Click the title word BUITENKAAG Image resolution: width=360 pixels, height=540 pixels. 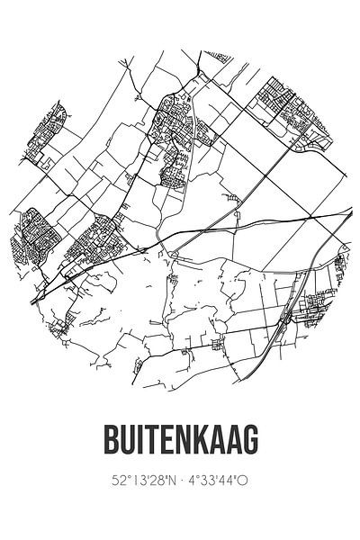point(180,441)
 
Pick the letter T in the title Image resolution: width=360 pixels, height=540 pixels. point(148,441)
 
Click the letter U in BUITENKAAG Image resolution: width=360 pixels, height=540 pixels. point(123,441)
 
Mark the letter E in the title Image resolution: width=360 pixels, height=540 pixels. point(165,441)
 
